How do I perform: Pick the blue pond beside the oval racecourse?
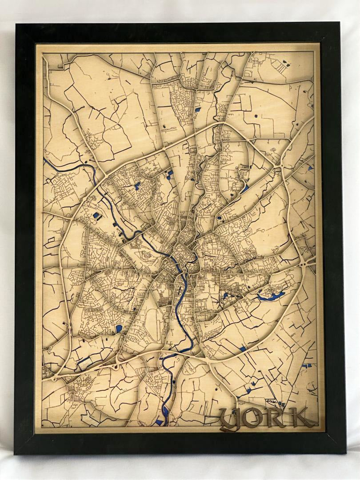tap(119, 329)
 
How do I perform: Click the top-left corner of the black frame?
tap(16, 23)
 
